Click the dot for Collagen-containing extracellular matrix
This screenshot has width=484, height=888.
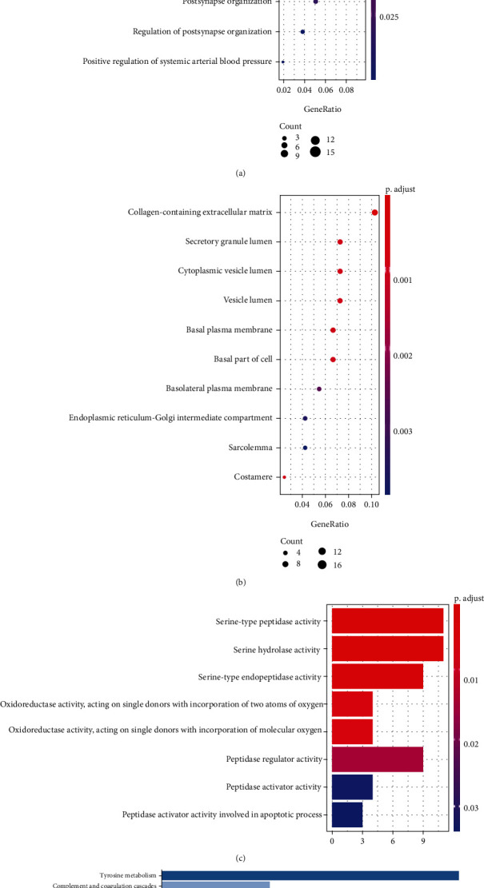[374, 212]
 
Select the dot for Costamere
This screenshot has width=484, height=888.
[284, 477]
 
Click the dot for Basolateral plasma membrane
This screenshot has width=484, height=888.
[319, 388]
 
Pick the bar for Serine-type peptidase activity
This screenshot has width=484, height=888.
[387, 621]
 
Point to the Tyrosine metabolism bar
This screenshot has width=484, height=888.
[310, 875]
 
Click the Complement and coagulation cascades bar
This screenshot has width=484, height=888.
[216, 885]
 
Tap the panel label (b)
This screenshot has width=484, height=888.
[241, 583]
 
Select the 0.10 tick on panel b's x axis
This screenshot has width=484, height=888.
[371, 505]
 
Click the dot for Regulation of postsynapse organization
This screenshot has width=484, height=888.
[302, 32]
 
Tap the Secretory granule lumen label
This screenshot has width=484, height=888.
[229, 241]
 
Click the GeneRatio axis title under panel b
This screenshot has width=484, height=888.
[324, 524]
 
